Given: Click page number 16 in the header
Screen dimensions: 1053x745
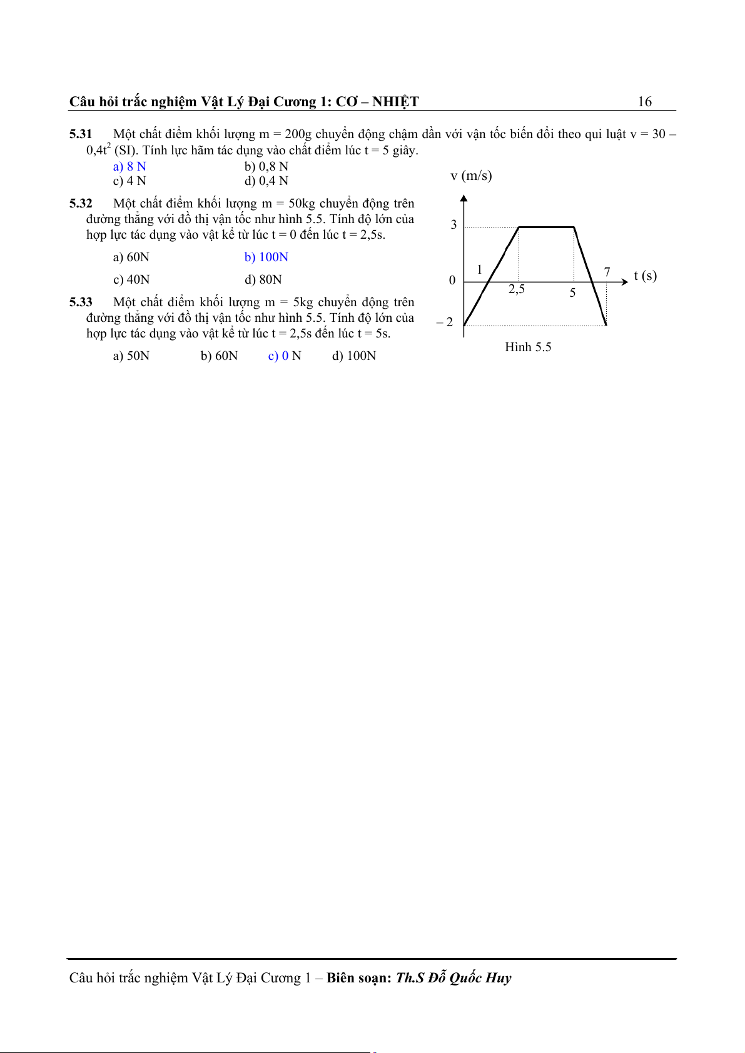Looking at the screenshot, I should coord(644,102).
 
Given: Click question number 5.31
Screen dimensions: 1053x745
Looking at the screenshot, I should coord(81,134).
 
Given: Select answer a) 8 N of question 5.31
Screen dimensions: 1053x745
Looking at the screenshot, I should coord(129,166).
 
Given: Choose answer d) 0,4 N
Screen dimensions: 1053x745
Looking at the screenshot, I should coord(266,181).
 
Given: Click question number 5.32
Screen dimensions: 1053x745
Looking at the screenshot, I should coord(81,204).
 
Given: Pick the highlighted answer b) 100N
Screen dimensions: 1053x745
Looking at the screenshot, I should coord(266,257).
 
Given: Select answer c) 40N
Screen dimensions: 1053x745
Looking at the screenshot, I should coord(131,280).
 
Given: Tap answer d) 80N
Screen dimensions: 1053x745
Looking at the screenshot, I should coord(263,280).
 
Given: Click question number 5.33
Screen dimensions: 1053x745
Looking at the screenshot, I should coord(81,302).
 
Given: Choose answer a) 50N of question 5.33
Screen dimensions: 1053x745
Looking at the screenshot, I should coord(131,356).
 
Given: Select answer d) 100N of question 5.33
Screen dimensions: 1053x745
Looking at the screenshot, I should coord(354,356).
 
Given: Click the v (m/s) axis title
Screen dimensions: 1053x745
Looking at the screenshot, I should coord(471,176).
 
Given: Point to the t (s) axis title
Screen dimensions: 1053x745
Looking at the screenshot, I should coord(645,276).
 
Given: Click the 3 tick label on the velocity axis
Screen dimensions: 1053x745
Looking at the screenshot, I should coord(454,225).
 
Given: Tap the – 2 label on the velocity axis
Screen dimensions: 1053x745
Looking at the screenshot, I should coord(445,322).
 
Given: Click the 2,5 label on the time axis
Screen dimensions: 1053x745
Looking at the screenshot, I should coord(517,289).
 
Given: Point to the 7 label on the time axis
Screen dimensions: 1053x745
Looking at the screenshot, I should coord(607,272).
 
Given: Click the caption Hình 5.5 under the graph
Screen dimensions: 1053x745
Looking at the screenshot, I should coord(528,347).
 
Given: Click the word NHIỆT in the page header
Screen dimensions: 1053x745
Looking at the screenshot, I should coord(395,102).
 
